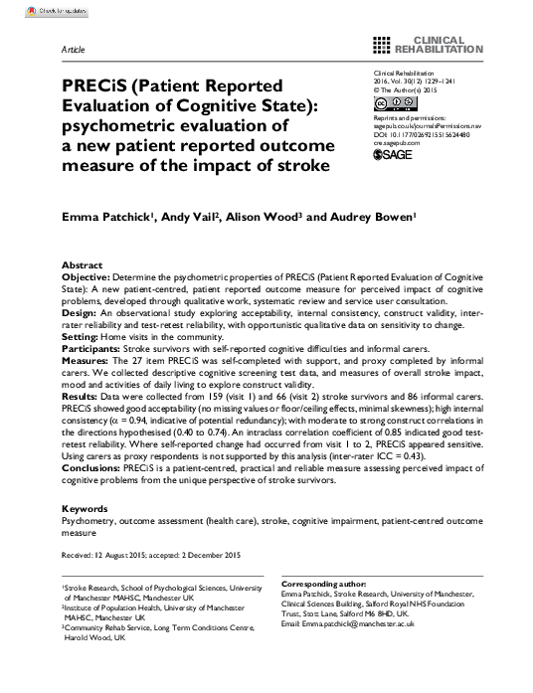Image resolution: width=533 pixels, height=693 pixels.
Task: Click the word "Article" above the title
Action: [73, 47]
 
